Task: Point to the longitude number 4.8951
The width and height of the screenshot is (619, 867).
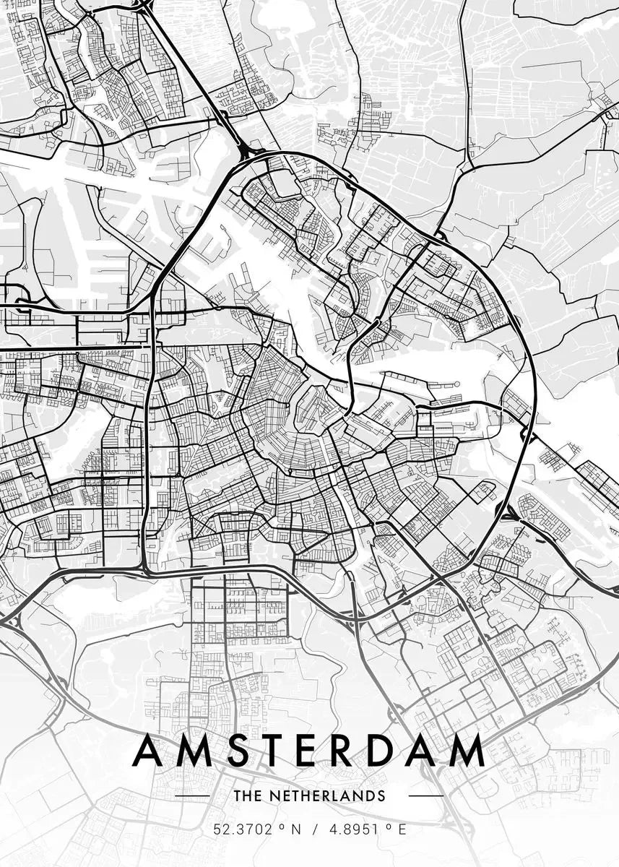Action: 354,830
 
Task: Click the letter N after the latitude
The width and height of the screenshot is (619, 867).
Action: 295,830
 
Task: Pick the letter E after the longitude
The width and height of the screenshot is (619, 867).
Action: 402,830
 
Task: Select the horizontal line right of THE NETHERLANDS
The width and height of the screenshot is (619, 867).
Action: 426,795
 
